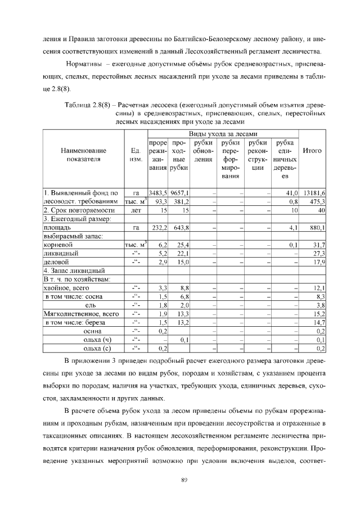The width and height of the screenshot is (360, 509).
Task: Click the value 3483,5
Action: click(158, 193)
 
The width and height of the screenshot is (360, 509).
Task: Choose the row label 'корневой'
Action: click(59, 245)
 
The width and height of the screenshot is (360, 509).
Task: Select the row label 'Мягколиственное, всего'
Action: click(81, 314)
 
